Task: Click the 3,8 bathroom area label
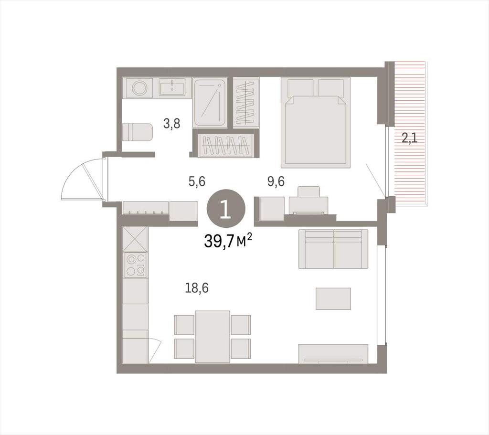point(172,124)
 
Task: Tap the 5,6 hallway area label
point(197,181)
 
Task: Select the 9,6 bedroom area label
point(276,181)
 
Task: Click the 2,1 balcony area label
point(409,138)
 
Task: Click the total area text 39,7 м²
point(228,241)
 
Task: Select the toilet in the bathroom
point(137,133)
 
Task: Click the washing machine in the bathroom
point(139,86)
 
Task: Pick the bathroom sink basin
point(175,86)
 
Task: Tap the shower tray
point(210,102)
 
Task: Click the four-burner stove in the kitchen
point(135,265)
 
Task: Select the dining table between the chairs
point(213,337)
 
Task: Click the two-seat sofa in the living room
point(333,249)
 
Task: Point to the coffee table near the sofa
point(333,298)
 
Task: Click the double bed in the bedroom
point(315,123)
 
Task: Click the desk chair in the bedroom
point(309,191)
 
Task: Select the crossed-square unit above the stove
point(135,239)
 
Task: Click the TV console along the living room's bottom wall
point(333,354)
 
